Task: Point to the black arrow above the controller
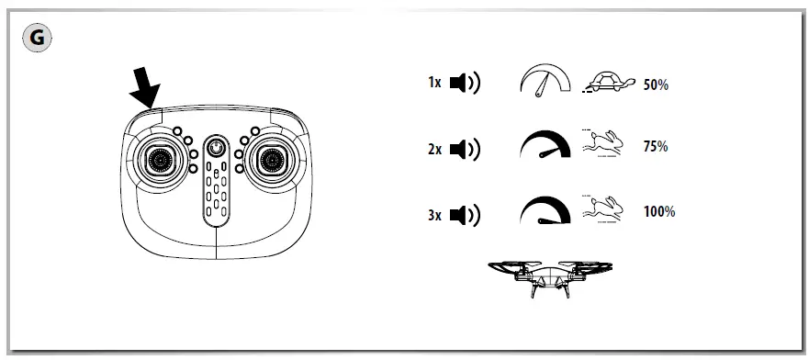click(143, 89)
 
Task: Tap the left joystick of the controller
click(161, 160)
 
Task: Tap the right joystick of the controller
click(270, 160)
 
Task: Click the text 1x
click(434, 84)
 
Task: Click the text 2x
click(434, 149)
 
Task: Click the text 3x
click(434, 215)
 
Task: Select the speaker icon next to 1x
click(466, 84)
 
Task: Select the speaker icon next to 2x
click(466, 149)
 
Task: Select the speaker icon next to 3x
click(466, 215)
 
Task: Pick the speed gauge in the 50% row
click(545, 82)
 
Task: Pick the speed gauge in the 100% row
click(545, 212)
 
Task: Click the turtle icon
click(607, 83)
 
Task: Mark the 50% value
click(656, 84)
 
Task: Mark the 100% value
click(659, 212)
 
